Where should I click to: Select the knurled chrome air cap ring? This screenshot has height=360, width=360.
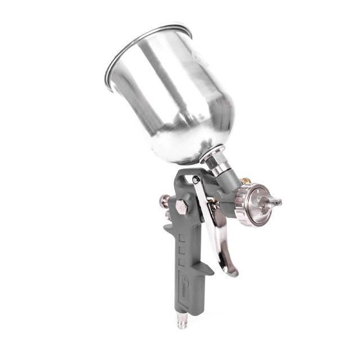pos(243,206)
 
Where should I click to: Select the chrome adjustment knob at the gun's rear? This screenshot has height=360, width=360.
pos(165,200)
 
